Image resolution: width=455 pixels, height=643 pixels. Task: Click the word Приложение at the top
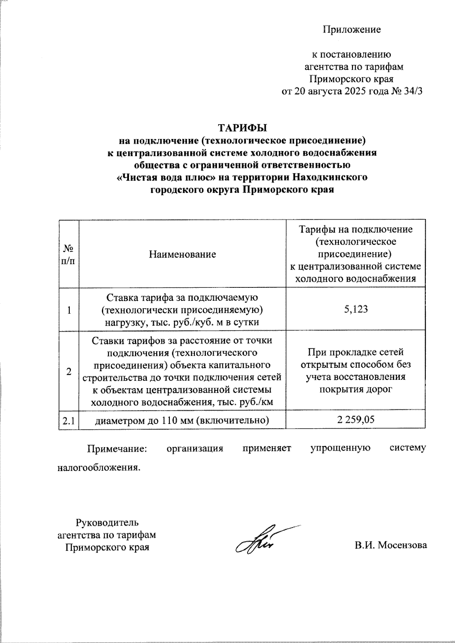point(351,30)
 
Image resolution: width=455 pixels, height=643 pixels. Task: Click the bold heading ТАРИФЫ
point(242,127)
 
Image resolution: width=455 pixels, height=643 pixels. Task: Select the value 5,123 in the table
point(356,309)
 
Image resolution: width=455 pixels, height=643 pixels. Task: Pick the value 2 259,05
point(356,419)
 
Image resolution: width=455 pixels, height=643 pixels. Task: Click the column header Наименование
point(182,254)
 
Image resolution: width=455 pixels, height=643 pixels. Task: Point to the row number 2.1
point(69,420)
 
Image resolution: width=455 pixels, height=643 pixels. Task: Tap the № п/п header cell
point(69,254)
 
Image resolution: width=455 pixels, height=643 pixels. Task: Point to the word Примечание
point(117,448)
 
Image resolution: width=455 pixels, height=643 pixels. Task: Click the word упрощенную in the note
point(340,448)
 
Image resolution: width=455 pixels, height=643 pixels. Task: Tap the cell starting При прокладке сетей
point(356,352)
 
